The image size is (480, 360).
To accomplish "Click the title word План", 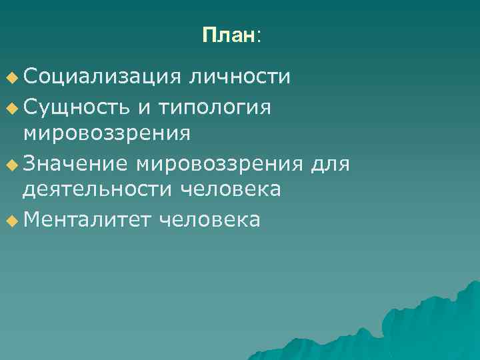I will (228, 35).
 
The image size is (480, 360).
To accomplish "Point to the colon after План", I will (259, 37).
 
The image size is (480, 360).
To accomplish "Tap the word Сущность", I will (79, 105).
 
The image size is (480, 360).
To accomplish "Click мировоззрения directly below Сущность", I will (107, 133).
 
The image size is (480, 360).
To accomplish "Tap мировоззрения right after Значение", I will (221, 163).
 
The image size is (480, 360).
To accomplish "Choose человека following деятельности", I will (231, 190).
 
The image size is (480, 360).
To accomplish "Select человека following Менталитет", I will (210, 219).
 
